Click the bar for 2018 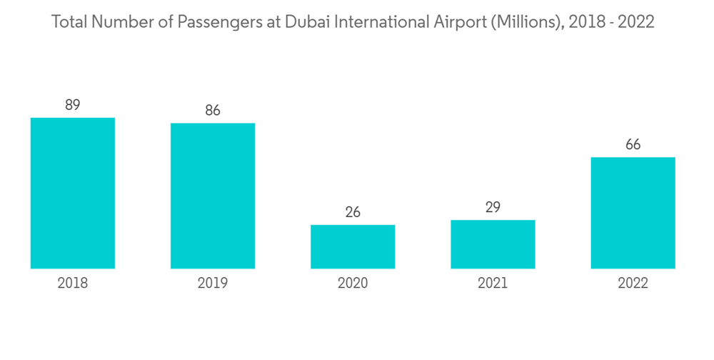pos(73,193)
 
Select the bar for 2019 pos(213,196)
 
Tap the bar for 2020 pos(353,246)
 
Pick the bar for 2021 pos(493,244)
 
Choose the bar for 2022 pos(633,213)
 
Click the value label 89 pos(73,105)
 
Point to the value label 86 pos(213,111)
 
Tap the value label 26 pos(353,212)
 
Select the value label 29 pos(493,207)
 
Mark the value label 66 pos(633,145)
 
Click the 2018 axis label pos(73,284)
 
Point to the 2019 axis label pos(213,284)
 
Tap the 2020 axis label pos(353,284)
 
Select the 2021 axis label pos(493,284)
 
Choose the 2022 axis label pos(633,284)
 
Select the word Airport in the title pos(454,23)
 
